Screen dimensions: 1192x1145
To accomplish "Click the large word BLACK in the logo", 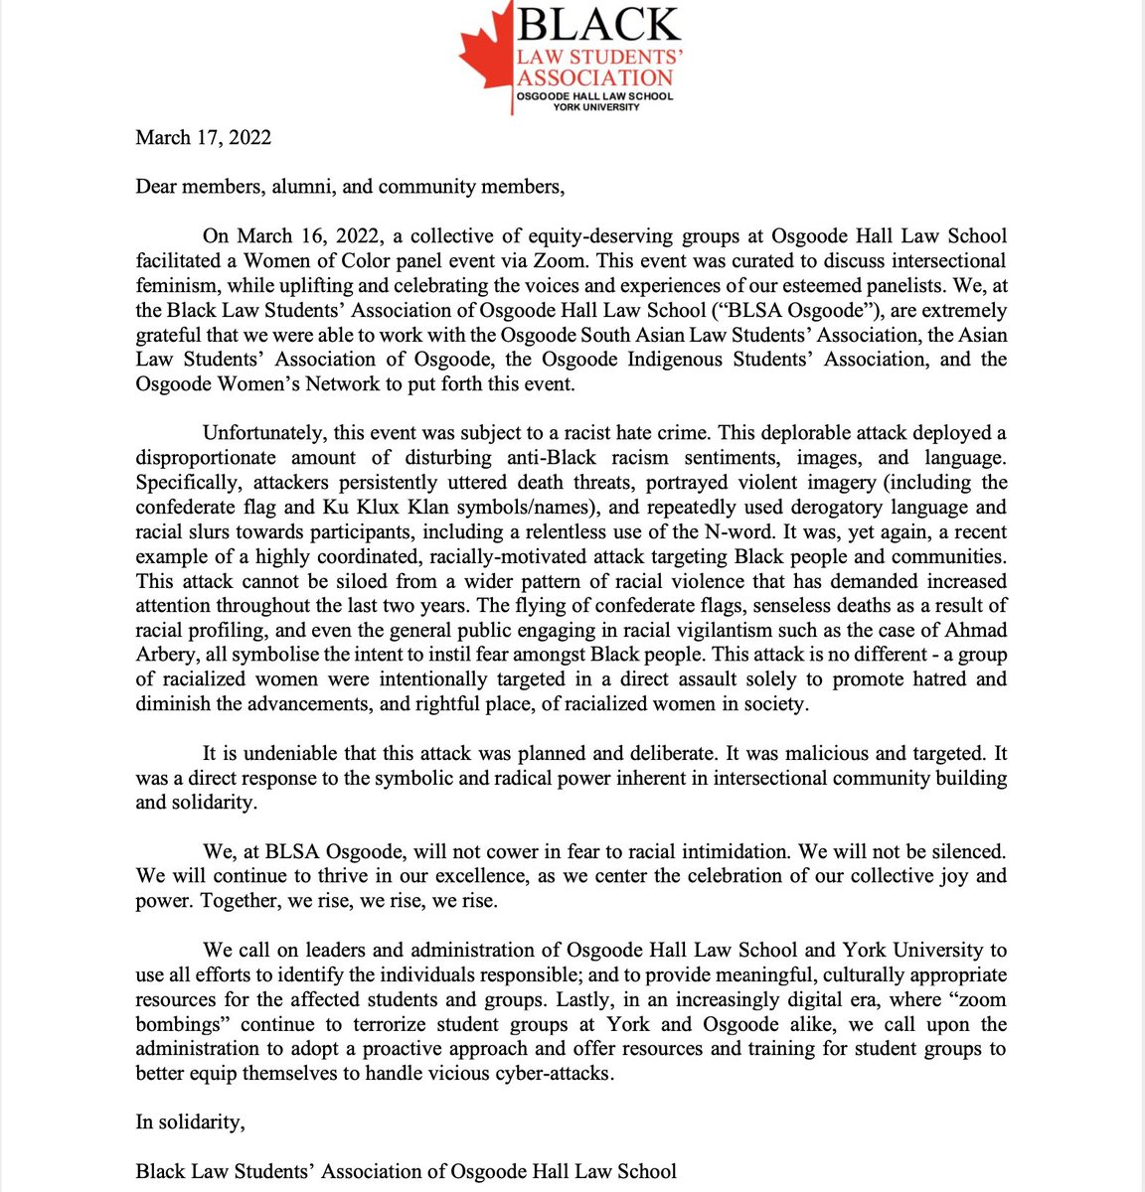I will point(597,25).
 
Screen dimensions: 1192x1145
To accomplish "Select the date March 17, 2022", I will point(203,137).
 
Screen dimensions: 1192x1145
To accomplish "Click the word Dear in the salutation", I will point(157,187).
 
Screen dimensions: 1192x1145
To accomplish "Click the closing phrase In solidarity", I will point(190,1122).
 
